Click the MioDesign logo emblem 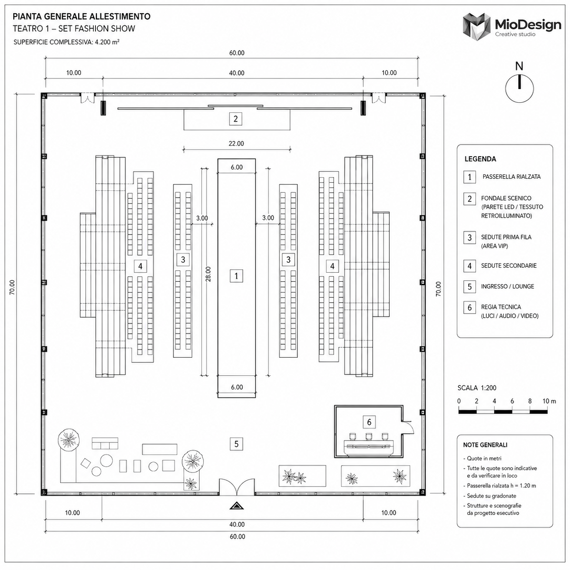(x=476, y=26)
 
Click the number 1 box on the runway (x=236, y=276)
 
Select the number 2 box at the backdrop (x=235, y=119)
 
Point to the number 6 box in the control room (x=369, y=422)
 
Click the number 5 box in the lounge (x=236, y=444)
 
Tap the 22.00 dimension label (x=236, y=144)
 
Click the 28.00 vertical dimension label (x=208, y=274)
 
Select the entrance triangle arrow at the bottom (x=237, y=506)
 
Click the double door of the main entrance (x=237, y=487)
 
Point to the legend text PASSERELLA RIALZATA (x=511, y=176)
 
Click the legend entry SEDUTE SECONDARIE (x=509, y=265)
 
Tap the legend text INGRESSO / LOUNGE (x=508, y=286)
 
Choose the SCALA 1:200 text (x=477, y=388)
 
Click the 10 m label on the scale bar (x=549, y=401)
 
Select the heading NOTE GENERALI (x=485, y=445)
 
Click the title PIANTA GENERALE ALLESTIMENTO (x=82, y=16)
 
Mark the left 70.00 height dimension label (x=12, y=287)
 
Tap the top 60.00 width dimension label (x=237, y=53)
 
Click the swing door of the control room (x=409, y=427)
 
